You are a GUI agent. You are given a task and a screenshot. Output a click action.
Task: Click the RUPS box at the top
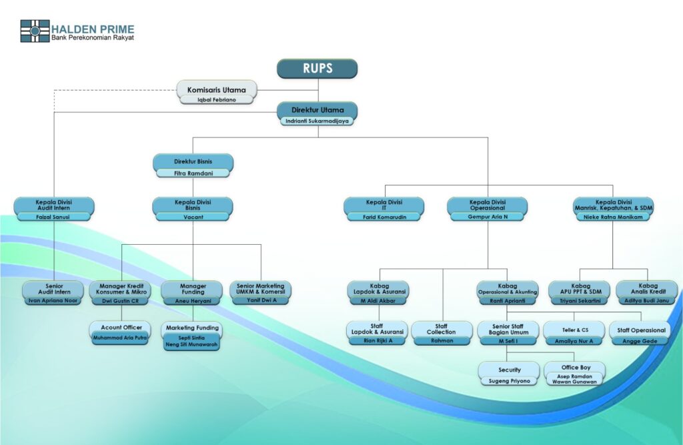point(317,69)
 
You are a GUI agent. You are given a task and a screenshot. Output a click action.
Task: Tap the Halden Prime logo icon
point(35,31)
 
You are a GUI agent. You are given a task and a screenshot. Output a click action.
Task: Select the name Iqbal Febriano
point(217,99)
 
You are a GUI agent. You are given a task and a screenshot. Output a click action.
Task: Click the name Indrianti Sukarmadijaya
point(317,121)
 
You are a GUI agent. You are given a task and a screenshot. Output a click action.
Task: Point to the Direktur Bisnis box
point(193,161)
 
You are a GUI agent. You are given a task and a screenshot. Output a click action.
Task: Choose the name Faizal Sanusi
point(53,217)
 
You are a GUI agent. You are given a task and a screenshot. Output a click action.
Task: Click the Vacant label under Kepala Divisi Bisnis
point(193,217)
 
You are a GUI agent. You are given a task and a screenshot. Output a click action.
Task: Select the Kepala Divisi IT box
point(384,205)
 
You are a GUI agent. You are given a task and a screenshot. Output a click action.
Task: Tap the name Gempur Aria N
point(487,217)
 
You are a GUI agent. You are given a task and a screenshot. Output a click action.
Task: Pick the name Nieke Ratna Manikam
point(613,217)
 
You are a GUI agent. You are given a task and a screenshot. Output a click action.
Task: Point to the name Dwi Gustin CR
point(120,301)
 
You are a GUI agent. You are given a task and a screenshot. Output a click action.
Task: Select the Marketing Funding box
point(193,328)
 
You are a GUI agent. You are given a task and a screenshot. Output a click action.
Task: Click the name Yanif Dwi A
point(261,300)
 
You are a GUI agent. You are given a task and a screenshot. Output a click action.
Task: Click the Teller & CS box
point(574,329)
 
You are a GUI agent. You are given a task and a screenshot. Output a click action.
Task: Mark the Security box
point(509,370)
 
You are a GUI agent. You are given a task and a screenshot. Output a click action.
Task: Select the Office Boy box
point(574,368)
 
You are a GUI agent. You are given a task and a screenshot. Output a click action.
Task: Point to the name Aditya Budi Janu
point(646,301)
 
